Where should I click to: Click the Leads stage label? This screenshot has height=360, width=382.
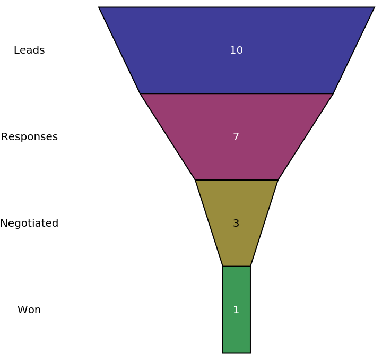pyautogui.click(x=29, y=50)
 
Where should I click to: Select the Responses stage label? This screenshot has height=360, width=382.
pyautogui.click(x=29, y=137)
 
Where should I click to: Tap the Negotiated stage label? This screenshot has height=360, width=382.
pyautogui.click(x=29, y=224)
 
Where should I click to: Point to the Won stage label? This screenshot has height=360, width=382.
pyautogui.click(x=29, y=310)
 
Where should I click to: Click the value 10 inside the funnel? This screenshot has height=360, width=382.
pyautogui.click(x=236, y=50)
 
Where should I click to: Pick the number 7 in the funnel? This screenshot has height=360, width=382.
pyautogui.click(x=236, y=137)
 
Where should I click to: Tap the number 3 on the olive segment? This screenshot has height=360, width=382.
pyautogui.click(x=236, y=224)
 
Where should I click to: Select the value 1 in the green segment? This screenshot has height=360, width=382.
pyautogui.click(x=236, y=310)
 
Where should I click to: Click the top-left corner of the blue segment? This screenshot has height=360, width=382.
pyautogui.click(x=99, y=7)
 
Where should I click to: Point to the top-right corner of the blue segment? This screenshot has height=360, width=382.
pyautogui.click(x=375, y=7)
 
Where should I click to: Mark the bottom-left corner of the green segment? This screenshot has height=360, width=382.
pyautogui.click(x=223, y=353)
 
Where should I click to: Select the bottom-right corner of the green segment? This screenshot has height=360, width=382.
pyautogui.click(x=250, y=353)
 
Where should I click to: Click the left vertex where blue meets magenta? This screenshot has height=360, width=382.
pyautogui.click(x=140, y=93)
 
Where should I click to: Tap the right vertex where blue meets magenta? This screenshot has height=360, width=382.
pyautogui.click(x=333, y=93)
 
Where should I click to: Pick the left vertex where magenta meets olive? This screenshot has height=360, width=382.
pyautogui.click(x=195, y=180)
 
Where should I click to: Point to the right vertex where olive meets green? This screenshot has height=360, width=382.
pyautogui.click(x=250, y=267)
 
